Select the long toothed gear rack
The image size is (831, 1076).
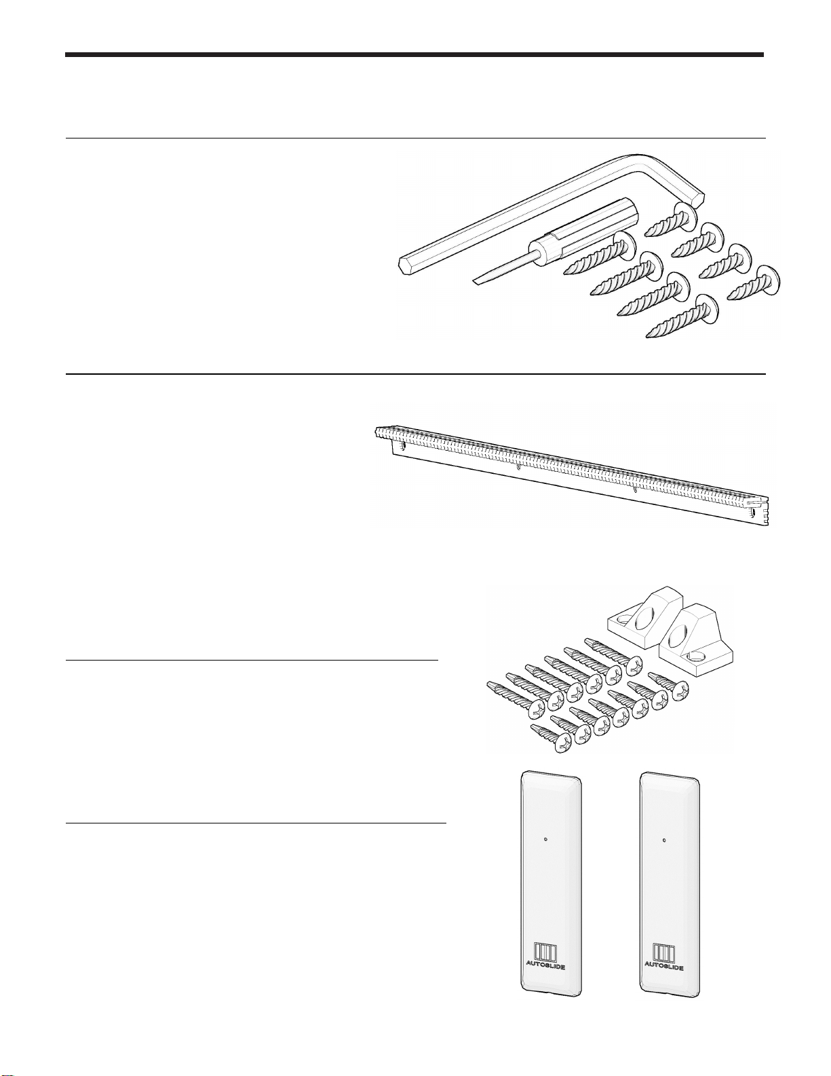click(x=571, y=475)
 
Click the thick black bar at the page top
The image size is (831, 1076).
click(x=414, y=55)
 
